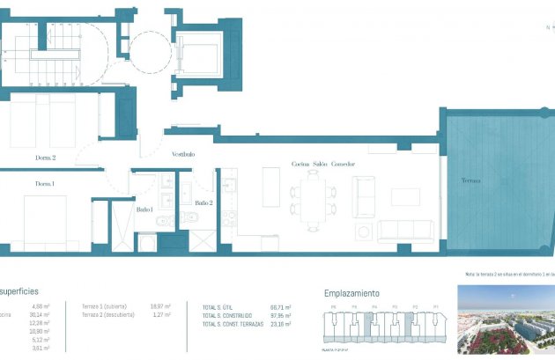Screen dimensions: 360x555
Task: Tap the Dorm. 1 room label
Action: [x=45, y=184]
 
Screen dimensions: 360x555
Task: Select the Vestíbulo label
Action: [x=183, y=155]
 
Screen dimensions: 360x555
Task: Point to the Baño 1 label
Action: [x=145, y=209]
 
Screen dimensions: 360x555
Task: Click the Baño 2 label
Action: [x=203, y=202]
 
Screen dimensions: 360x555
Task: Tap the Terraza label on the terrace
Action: [x=471, y=180]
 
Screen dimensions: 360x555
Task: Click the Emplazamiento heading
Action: [x=351, y=292]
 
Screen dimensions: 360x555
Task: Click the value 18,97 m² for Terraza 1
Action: [x=161, y=306]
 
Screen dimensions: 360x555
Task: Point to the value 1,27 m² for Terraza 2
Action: [x=161, y=314]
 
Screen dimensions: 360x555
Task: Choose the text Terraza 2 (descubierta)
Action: [x=107, y=314]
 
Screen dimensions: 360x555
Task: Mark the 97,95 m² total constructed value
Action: [x=281, y=315]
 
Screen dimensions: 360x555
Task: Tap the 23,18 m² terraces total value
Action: [x=281, y=323]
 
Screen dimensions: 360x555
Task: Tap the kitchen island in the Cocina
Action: [x=272, y=188]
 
